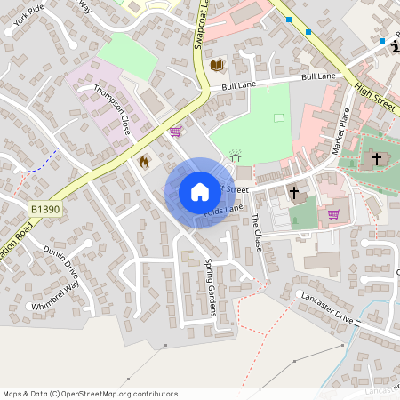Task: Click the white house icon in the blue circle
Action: pyautogui.click(x=199, y=192)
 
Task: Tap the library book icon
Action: pyautogui.click(x=217, y=65)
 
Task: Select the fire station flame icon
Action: pyautogui.click(x=144, y=162)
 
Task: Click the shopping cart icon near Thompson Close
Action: pyautogui.click(x=175, y=132)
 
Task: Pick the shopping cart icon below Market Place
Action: pyautogui.click(x=333, y=213)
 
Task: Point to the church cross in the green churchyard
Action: pyautogui.click(x=376, y=159)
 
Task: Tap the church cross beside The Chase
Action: pyautogui.click(x=293, y=192)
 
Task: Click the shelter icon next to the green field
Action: pyautogui.click(x=236, y=155)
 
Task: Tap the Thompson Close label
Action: pyautogui.click(x=114, y=110)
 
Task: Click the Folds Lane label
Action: pyautogui.click(x=223, y=211)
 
